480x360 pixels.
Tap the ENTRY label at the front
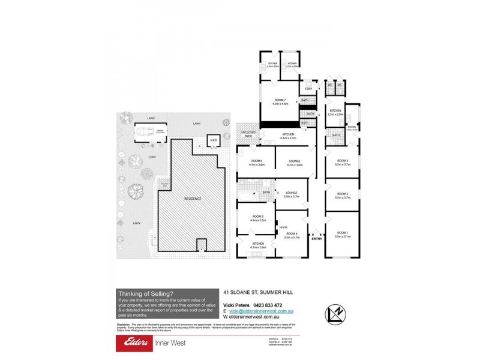316,238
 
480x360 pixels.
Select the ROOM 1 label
342,232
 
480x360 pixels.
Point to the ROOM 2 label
342,194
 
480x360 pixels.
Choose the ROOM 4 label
292,233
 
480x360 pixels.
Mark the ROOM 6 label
257,161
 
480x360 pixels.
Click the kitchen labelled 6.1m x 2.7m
288,134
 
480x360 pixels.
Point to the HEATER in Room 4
283,227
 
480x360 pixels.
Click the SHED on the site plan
213,142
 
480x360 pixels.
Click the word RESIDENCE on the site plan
193,199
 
